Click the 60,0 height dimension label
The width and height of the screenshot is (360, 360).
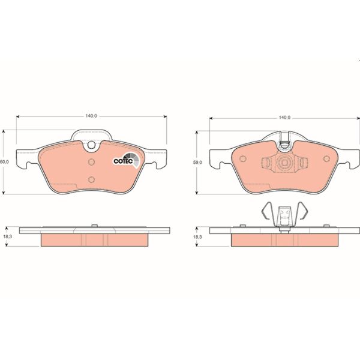point(5,162)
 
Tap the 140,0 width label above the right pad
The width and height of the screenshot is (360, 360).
point(284,118)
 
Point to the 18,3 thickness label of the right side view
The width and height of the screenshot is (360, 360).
point(197,238)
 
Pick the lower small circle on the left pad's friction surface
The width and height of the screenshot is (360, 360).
point(91,179)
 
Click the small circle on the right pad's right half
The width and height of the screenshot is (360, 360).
point(326,160)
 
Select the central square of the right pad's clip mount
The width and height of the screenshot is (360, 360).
point(284,163)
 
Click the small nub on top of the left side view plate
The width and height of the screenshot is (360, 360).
point(94,226)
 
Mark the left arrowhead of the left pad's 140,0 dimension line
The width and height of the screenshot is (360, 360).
point(18,115)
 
